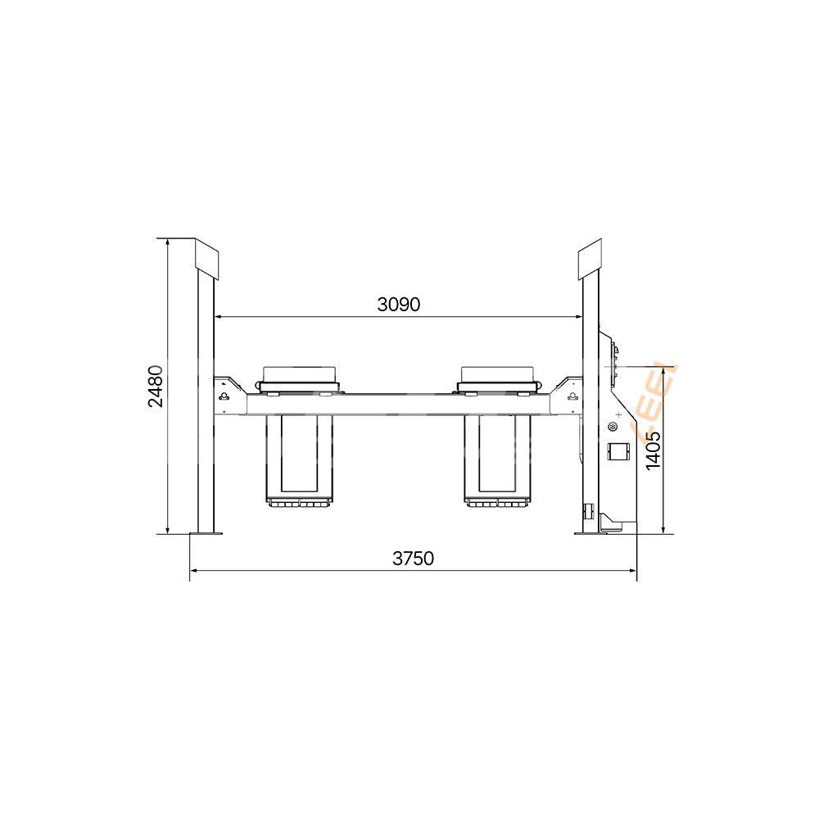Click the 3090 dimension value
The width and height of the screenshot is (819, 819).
[399, 305]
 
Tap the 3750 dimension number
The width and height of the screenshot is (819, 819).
[413, 559]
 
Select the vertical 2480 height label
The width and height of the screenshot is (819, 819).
[156, 386]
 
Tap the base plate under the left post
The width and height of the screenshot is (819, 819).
[206, 534]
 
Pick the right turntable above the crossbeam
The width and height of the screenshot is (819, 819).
[499, 378]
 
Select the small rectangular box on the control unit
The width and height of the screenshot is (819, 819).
[616, 451]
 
